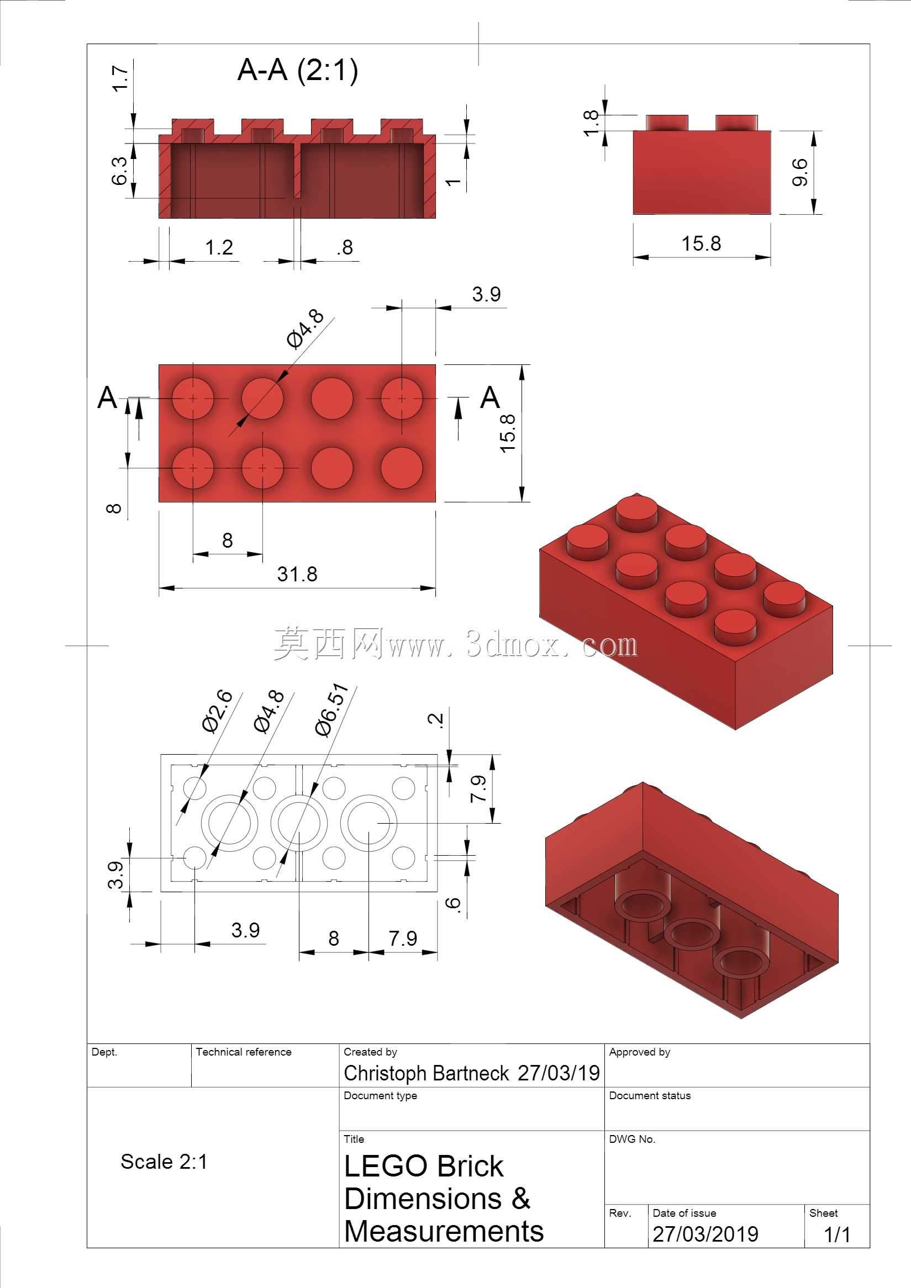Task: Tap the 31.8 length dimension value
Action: click(x=297, y=574)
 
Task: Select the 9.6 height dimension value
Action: click(x=799, y=172)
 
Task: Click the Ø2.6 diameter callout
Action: click(x=217, y=711)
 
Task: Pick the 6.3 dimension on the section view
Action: click(x=119, y=171)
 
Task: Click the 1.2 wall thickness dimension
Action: click(x=219, y=247)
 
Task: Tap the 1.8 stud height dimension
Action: click(x=591, y=124)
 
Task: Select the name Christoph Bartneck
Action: click(x=426, y=1073)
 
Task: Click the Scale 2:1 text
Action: click(x=164, y=1162)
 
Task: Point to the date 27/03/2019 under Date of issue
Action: click(x=705, y=1234)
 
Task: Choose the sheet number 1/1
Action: click(x=837, y=1234)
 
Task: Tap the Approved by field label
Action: click(x=639, y=1052)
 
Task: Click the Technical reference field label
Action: click(x=244, y=1052)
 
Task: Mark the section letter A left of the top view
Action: click(x=107, y=397)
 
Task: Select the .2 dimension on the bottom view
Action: click(x=436, y=720)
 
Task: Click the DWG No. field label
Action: click(x=632, y=1139)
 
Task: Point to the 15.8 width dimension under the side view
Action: click(x=701, y=243)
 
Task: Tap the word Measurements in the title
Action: click(x=444, y=1231)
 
